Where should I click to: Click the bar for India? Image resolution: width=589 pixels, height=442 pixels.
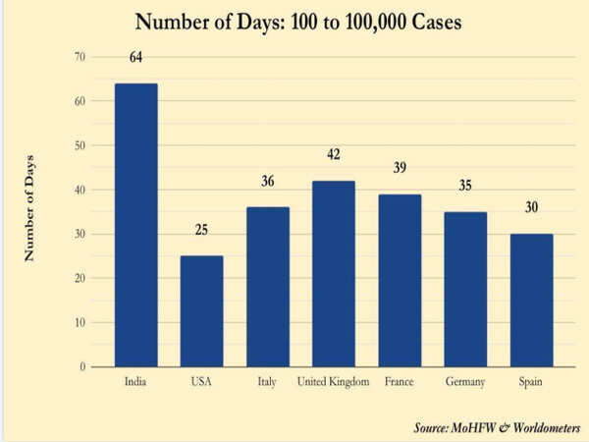(x=136, y=225)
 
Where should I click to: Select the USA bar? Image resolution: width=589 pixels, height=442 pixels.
(x=201, y=311)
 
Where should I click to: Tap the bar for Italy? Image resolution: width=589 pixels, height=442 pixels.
(x=267, y=287)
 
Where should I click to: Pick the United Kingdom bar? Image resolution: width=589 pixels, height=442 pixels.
(x=333, y=274)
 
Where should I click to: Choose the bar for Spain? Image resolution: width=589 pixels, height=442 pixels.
(x=531, y=301)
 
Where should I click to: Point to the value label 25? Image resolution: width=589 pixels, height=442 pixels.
(x=201, y=230)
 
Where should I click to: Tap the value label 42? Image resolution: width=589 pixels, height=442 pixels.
(x=333, y=155)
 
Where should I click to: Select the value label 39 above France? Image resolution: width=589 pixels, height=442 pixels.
(x=400, y=168)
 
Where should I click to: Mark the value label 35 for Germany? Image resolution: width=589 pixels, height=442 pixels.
(x=465, y=185)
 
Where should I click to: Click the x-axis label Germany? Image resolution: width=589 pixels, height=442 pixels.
(x=465, y=381)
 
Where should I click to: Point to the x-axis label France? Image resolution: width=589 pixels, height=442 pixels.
(x=400, y=381)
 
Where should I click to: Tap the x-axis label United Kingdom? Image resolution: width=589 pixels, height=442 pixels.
(x=333, y=381)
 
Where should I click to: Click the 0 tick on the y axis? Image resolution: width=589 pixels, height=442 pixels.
(x=82, y=366)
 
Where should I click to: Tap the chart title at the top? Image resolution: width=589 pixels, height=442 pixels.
(x=294, y=22)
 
